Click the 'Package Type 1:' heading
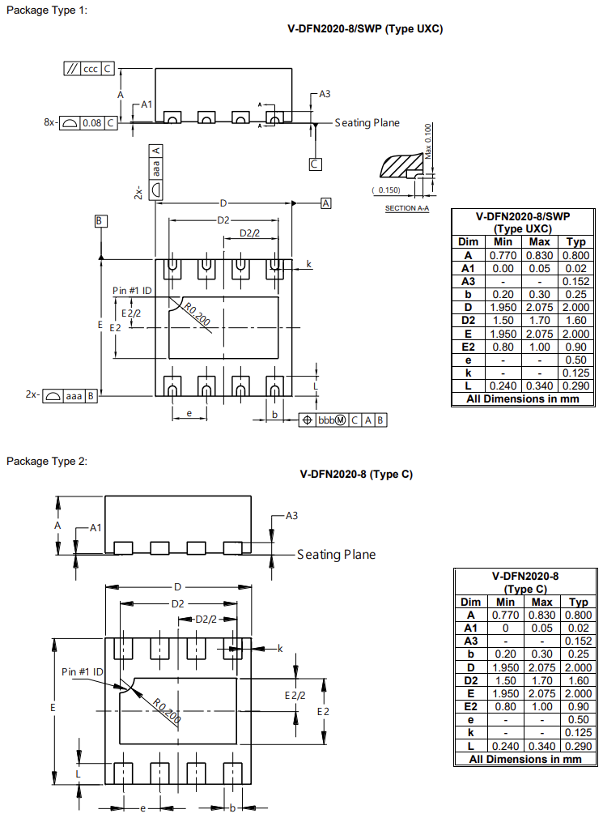click(47, 10)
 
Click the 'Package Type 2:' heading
click(47, 461)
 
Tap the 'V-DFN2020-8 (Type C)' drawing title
click(356, 475)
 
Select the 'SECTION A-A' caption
click(407, 208)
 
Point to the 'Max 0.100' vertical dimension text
click(428, 142)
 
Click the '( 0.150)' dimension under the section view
click(386, 190)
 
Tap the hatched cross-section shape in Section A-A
click(401, 166)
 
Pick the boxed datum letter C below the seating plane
click(315, 164)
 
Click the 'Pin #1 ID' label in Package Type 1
click(132, 291)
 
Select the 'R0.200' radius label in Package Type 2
click(167, 710)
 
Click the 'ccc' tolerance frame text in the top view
click(90, 69)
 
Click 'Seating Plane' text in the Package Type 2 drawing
click(336, 555)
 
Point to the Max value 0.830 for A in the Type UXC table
click(539, 255)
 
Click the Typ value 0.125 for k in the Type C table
click(579, 733)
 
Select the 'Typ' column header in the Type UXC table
click(576, 241)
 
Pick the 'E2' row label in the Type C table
click(470, 706)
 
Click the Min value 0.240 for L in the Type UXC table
click(503, 386)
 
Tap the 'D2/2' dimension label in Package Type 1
click(249, 233)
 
